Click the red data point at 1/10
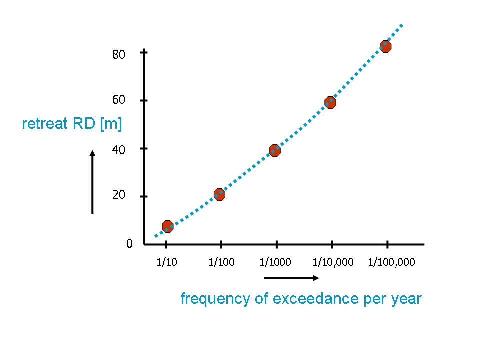pyautogui.click(x=168, y=226)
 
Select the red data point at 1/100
pyautogui.click(x=219, y=194)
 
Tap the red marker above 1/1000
pyautogui.click(x=274, y=150)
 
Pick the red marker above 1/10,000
pyautogui.click(x=330, y=103)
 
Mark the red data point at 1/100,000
pyautogui.click(x=385, y=47)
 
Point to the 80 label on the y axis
pyautogui.click(x=118, y=54)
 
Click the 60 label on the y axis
pyautogui.click(x=118, y=100)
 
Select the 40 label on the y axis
pyautogui.click(x=118, y=149)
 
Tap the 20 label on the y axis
pyautogui.click(x=118, y=195)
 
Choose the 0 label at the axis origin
pyautogui.click(x=129, y=244)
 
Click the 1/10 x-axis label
pyautogui.click(x=166, y=262)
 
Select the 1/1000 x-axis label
pyautogui.click(x=276, y=262)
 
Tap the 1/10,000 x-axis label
pyautogui.click(x=333, y=262)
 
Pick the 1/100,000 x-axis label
pyautogui.click(x=391, y=262)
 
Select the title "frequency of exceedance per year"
pyautogui.click(x=301, y=299)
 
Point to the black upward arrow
pyautogui.click(x=92, y=182)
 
